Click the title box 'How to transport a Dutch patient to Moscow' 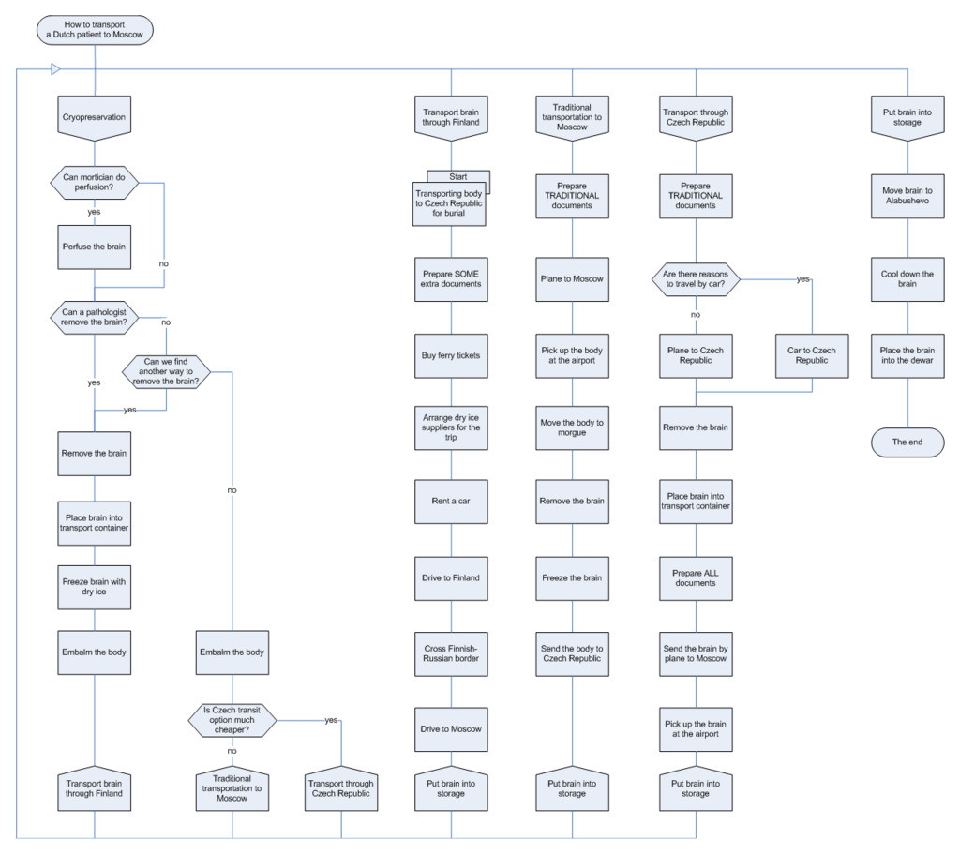[x=95, y=29]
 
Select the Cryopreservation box [x=95, y=118]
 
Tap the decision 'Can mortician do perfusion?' [x=95, y=183]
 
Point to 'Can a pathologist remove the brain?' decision [x=95, y=316]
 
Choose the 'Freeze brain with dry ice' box [x=95, y=588]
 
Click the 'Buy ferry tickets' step [x=451, y=355]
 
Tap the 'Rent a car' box [x=451, y=501]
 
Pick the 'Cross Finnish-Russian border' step [x=451, y=652]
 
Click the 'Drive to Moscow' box [x=451, y=728]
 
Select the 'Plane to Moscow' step [x=572, y=278]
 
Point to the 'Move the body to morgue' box [x=572, y=427]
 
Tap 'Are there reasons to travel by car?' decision [x=696, y=278]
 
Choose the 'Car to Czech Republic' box [x=812, y=355]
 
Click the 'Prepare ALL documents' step [x=696, y=577]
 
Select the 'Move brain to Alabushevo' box [x=907, y=196]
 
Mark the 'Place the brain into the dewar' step [x=907, y=355]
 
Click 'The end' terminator [x=907, y=441]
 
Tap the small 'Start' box [x=459, y=176]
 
